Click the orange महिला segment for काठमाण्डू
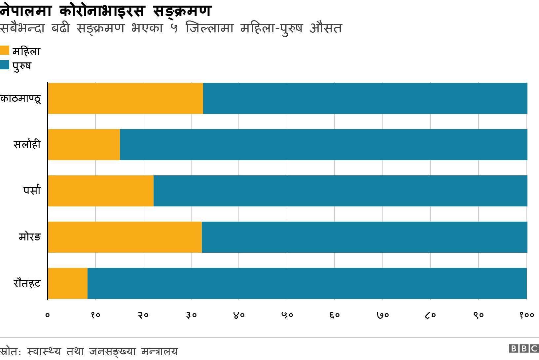tap(126, 98)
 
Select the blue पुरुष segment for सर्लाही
tap(323, 145)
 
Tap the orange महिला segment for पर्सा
tap(101, 191)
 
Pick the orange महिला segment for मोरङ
tap(125, 237)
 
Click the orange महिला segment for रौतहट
tap(68, 283)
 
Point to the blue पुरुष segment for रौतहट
tap(307, 283)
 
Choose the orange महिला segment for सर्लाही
tap(84, 145)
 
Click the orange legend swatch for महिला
tap(5, 51)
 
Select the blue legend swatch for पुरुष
tap(5, 65)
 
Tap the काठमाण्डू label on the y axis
tap(21, 99)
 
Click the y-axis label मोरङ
tap(30, 237)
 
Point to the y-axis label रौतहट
tap(27, 283)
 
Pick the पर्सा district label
tap(32, 191)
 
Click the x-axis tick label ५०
tap(287, 315)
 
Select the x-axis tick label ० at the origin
tap(48, 315)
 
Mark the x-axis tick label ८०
tap(430, 315)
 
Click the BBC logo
tap(524, 349)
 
